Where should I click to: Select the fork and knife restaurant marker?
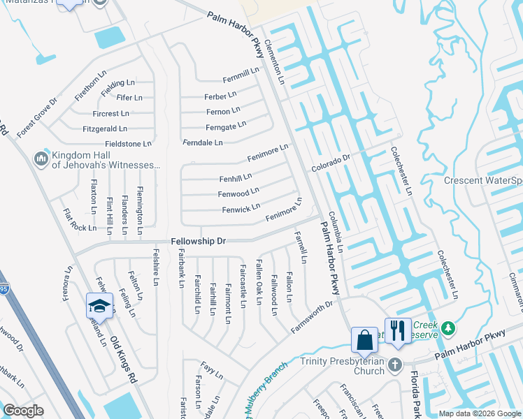pyautogui.click(x=398, y=331)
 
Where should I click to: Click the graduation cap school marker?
pyautogui.click(x=99, y=306)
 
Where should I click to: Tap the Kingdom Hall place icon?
pyautogui.click(x=41, y=159)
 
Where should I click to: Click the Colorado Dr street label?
pyautogui.click(x=330, y=163)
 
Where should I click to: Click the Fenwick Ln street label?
pyautogui.click(x=241, y=208)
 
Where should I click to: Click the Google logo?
pyautogui.click(x=22, y=411)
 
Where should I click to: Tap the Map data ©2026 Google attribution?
pyautogui.click(x=480, y=413)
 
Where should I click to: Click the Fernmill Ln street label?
pyautogui.click(x=241, y=71)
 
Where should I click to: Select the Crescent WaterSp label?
pyautogui.click(x=483, y=181)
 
